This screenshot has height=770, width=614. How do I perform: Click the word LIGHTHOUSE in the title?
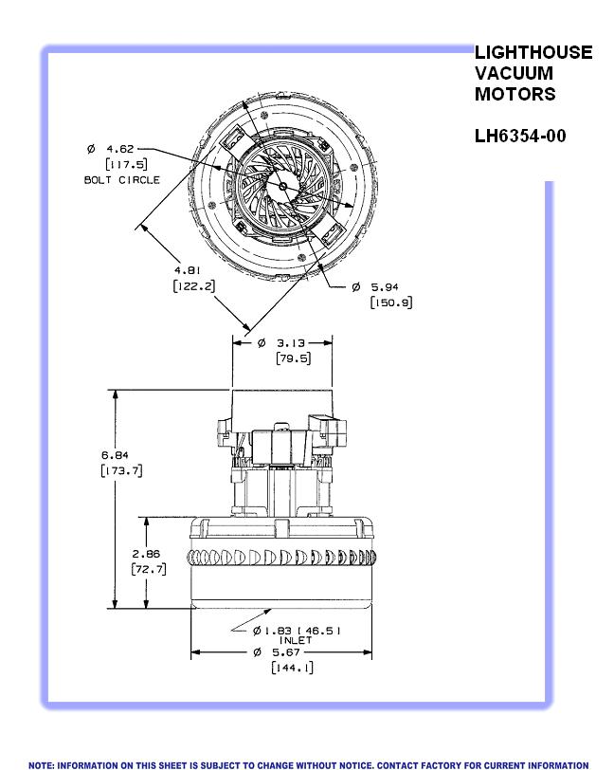click(x=533, y=53)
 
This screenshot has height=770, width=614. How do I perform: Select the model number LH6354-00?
click(x=520, y=136)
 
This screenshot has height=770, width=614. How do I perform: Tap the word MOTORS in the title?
click(x=515, y=94)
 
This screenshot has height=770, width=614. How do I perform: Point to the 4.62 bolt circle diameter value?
click(x=120, y=149)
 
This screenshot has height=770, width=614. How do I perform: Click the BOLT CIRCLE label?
click(x=122, y=179)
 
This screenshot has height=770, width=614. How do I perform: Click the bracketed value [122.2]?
click(x=192, y=285)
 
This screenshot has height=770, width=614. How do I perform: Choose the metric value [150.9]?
click(x=390, y=302)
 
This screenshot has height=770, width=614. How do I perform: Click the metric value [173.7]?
click(x=121, y=470)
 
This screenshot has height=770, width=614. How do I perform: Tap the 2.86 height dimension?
click(x=147, y=553)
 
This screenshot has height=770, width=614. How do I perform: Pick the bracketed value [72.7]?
click(x=148, y=569)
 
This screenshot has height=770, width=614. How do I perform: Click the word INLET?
click(x=296, y=641)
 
